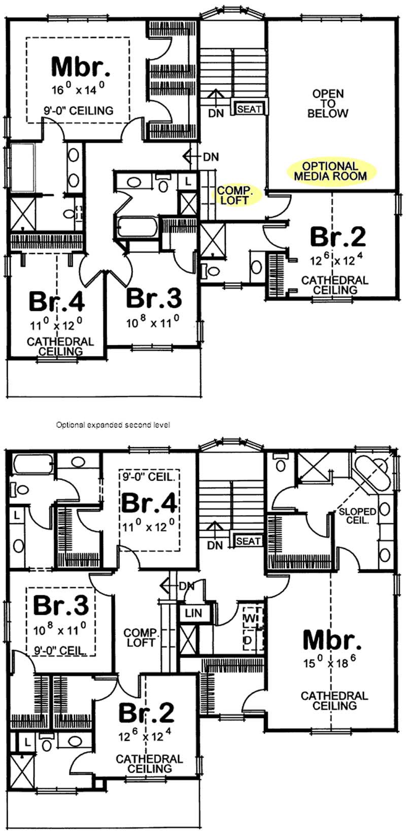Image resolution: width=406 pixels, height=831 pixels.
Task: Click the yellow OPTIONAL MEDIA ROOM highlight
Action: pyautogui.click(x=330, y=171)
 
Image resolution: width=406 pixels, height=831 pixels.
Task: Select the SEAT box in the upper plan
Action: pyautogui.click(x=249, y=109)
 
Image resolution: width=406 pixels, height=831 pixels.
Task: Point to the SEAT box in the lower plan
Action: pyautogui.click(x=248, y=541)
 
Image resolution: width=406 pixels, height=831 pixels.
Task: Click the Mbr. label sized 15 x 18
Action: pyautogui.click(x=332, y=640)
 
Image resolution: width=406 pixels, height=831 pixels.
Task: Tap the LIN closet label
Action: pyautogui.click(x=193, y=613)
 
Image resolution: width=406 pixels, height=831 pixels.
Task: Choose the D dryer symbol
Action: pyautogui.click(x=249, y=640)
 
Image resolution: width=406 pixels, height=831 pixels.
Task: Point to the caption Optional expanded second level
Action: pyautogui.click(x=113, y=425)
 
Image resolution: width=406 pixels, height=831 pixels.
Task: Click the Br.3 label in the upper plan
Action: pyautogui.click(x=153, y=298)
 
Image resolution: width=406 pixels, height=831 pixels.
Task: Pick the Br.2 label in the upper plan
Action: pyautogui.click(x=337, y=236)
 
